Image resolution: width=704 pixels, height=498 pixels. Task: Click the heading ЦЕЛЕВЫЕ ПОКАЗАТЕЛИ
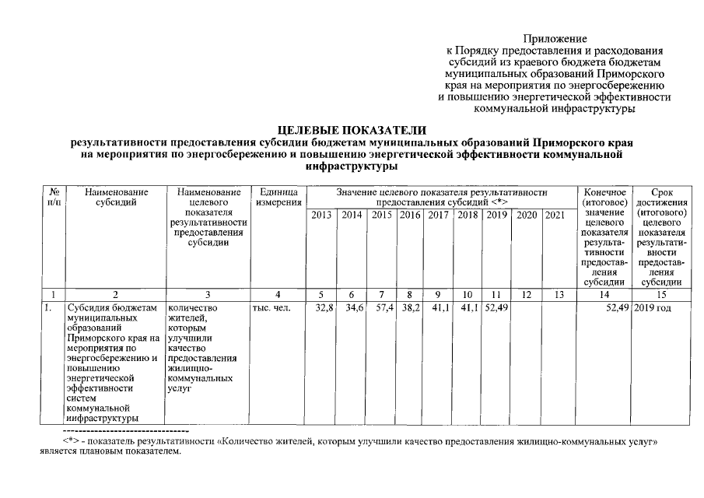click(x=352, y=131)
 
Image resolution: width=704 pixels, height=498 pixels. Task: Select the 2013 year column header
click(x=322, y=215)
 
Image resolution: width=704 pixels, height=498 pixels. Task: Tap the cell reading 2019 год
click(x=652, y=308)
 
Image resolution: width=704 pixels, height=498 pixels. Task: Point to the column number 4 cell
click(x=278, y=294)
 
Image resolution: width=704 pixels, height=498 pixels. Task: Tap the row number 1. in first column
click(x=48, y=308)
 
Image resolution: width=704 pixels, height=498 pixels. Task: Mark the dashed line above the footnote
click(x=124, y=430)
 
